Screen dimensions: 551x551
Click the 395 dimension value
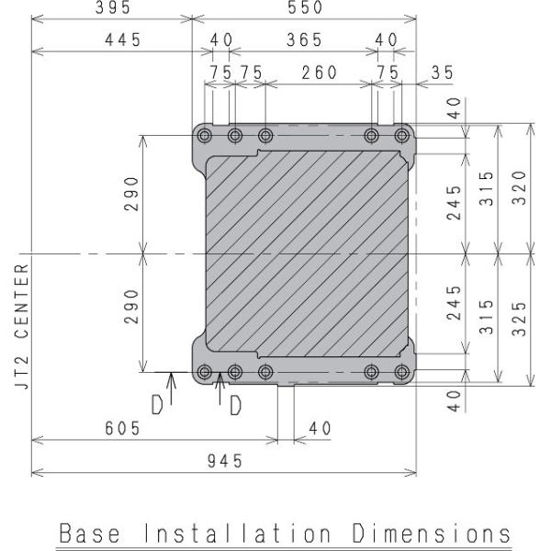pyautogui.click(x=113, y=7)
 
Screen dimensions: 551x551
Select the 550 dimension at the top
pyautogui.click(x=305, y=7)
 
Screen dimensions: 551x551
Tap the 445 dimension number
pyautogui.click(x=123, y=39)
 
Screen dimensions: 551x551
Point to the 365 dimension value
pyautogui.click(x=304, y=39)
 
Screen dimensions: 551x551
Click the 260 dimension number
pyautogui.click(x=320, y=73)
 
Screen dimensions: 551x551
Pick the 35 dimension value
pyautogui.click(x=443, y=73)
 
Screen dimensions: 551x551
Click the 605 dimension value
pyautogui.click(x=123, y=428)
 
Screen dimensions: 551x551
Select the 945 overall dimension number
pyautogui.click(x=225, y=461)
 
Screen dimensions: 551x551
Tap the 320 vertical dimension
pyautogui.click(x=520, y=187)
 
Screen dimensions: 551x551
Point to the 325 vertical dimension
pyautogui.click(x=520, y=319)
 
